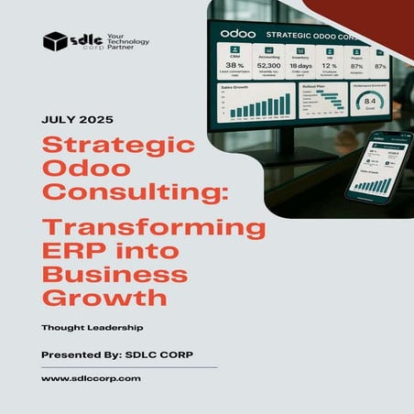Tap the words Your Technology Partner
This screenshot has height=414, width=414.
[128, 41]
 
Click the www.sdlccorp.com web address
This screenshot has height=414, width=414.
[92, 377]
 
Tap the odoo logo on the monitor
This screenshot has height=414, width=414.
[238, 34]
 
